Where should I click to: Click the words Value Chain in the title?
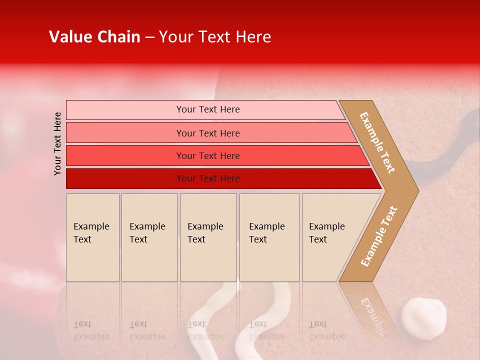click(x=94, y=37)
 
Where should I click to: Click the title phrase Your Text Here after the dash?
click(x=215, y=37)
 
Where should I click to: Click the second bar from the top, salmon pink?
click(x=208, y=133)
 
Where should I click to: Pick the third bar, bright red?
click(x=208, y=155)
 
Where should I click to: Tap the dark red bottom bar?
click(x=208, y=178)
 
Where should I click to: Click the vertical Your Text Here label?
click(x=57, y=143)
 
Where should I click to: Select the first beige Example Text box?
click(x=92, y=237)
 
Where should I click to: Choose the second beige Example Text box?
click(x=149, y=237)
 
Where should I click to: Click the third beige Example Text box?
click(x=208, y=237)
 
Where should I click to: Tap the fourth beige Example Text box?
click(x=269, y=237)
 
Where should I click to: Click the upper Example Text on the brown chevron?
click(x=377, y=142)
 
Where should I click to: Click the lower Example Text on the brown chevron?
click(x=379, y=236)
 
